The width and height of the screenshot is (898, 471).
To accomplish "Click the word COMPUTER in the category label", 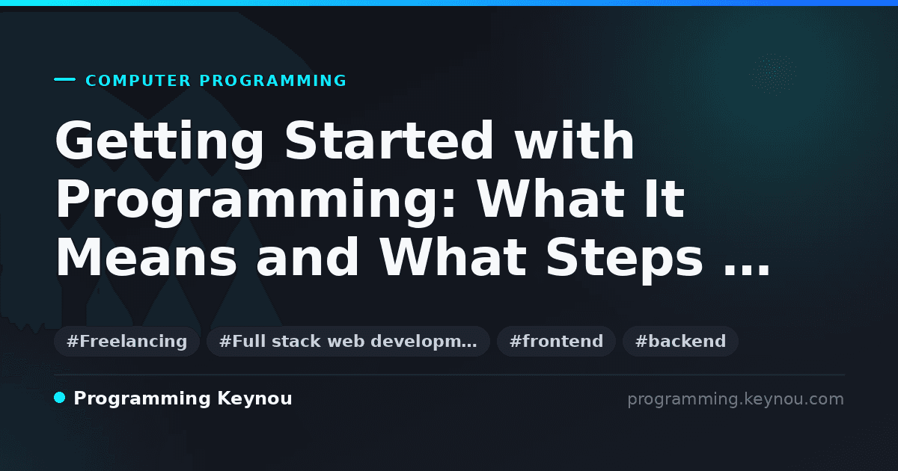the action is (x=138, y=81).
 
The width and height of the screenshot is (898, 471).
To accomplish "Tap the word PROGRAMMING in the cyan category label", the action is (x=273, y=81).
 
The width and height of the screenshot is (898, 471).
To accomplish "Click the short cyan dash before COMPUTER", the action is (x=64, y=79).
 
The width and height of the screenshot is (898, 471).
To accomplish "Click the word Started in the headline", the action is (x=389, y=141).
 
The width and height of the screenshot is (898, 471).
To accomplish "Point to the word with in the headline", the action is (x=575, y=141).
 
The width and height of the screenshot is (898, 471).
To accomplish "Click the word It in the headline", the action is (x=665, y=199).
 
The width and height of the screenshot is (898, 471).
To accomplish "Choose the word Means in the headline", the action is (x=147, y=257).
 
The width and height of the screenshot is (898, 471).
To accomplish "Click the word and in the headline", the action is (x=307, y=256).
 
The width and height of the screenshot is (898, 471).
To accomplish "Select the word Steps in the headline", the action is (x=624, y=260).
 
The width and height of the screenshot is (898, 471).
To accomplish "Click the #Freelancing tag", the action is (x=126, y=341).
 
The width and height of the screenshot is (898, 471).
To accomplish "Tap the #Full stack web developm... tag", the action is (x=348, y=341).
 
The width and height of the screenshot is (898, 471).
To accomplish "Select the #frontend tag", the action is (x=556, y=341).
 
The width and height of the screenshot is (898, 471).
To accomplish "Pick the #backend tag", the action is (x=680, y=341).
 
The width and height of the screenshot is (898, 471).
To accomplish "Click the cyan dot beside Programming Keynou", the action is (x=60, y=398).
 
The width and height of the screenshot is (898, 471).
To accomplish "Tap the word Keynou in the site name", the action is (x=254, y=399).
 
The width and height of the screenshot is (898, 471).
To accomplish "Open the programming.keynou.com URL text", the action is (x=736, y=399).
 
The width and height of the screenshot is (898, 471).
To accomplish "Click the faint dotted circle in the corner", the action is (x=772, y=75).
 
